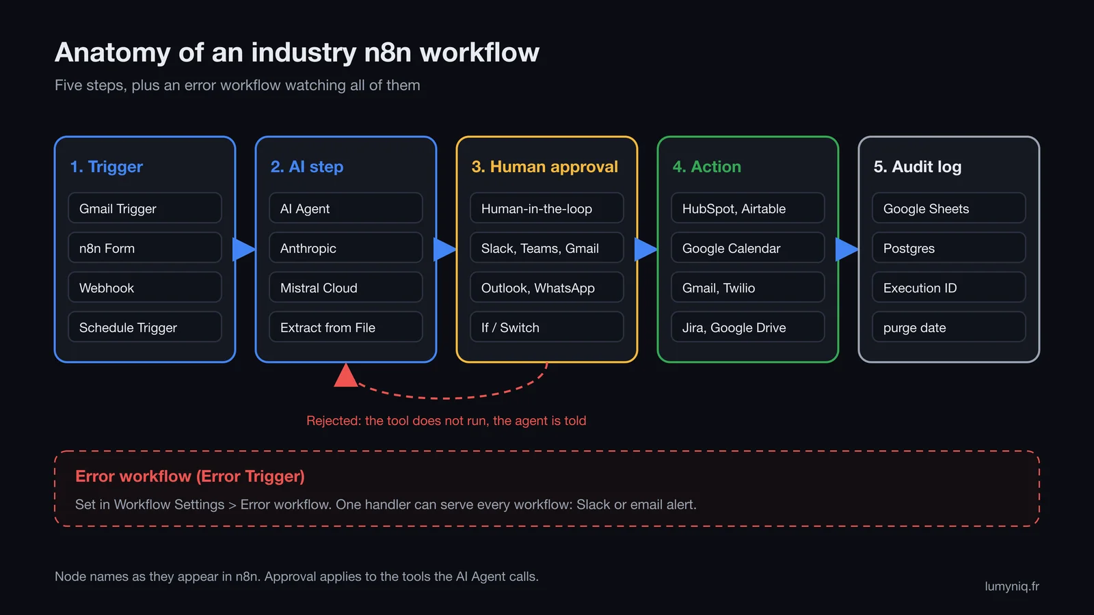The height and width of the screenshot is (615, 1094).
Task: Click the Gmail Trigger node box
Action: tap(144, 208)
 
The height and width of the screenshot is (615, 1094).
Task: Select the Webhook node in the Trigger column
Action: tap(144, 288)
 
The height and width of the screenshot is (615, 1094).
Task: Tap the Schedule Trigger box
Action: tap(144, 327)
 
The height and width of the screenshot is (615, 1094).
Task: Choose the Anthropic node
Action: tap(346, 248)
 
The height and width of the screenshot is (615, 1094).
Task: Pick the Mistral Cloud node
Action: tap(346, 288)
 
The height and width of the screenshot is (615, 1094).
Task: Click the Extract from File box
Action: tap(346, 327)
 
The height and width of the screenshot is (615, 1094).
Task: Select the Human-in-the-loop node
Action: tap(546, 208)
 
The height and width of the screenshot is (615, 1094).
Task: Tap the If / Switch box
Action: tap(546, 327)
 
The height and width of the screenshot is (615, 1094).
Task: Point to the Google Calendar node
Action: tap(748, 248)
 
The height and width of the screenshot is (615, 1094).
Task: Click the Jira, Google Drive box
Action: tap(748, 327)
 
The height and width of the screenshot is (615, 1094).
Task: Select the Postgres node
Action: tap(949, 248)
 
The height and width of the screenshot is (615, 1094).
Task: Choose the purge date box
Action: tap(949, 327)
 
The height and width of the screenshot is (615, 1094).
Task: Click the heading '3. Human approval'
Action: tap(544, 167)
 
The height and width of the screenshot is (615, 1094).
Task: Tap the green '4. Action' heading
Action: tap(707, 167)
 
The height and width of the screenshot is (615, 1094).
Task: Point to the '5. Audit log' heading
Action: tap(917, 167)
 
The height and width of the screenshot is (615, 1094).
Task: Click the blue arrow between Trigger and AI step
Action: tap(243, 249)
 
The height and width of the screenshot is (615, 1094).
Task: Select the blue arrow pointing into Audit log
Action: tap(847, 249)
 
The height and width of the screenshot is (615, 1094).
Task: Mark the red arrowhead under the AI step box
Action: tap(346, 376)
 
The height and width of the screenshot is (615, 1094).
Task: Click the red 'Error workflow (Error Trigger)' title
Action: tap(190, 476)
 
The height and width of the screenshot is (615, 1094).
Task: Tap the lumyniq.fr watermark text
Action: tap(1011, 586)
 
